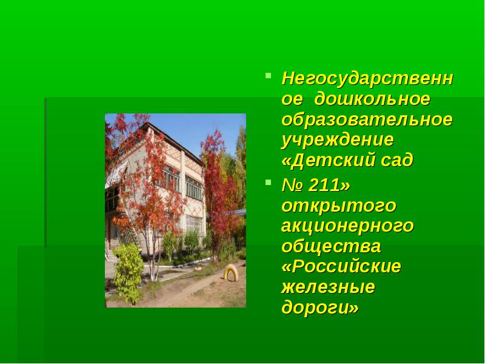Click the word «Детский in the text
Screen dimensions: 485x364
coord(328,160)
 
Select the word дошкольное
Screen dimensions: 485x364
coord(372,99)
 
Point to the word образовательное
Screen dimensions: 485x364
coord(367,120)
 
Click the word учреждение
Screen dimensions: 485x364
coord(338,140)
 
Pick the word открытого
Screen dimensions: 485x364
coord(339,206)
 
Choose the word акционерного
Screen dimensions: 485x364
coord(347,226)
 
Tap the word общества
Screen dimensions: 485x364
coord(331,246)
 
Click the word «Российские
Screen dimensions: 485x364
coord(341,266)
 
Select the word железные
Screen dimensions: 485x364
coord(328,287)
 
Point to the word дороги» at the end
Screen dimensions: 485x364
coord(320,308)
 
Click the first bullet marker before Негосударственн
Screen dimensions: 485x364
coord(268,75)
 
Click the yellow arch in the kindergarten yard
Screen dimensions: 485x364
coord(231,272)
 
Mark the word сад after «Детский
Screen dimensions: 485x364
coord(399,160)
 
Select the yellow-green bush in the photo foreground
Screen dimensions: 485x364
coord(128,273)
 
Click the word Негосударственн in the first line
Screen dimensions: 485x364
coord(367,79)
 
